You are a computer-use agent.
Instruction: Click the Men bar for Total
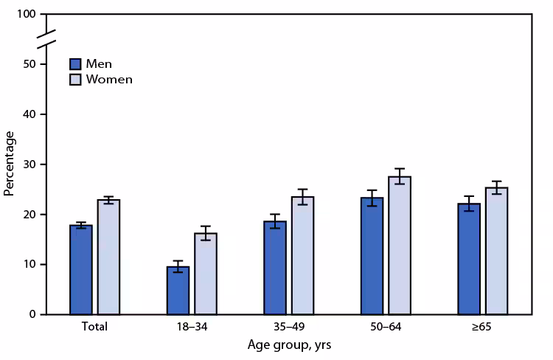click(81, 269)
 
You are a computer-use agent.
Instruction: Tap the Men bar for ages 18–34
click(178, 290)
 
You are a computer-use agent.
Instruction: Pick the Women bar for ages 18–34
click(206, 274)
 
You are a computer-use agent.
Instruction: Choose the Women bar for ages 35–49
click(302, 255)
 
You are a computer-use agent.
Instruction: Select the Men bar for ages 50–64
click(372, 255)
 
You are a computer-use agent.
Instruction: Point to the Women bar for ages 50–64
click(400, 245)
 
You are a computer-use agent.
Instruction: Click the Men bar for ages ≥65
click(469, 258)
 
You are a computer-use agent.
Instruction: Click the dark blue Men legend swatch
click(76, 63)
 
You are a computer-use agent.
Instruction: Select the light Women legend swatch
click(76, 79)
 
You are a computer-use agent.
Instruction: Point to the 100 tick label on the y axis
click(28, 15)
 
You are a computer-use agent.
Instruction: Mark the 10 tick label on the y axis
click(31, 264)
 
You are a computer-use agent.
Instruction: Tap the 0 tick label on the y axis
click(34, 314)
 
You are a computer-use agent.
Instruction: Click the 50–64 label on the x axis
click(386, 326)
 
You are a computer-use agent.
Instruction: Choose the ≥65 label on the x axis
click(482, 326)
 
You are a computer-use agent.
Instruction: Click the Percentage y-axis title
click(10, 163)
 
